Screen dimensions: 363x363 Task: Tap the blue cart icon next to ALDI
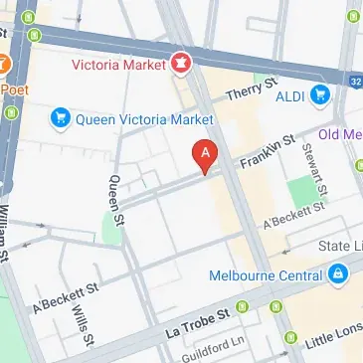tap(320, 94)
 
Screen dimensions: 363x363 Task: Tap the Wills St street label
tap(80, 320)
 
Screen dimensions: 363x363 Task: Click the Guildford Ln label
tap(212, 348)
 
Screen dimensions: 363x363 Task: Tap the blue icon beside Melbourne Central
tap(339, 271)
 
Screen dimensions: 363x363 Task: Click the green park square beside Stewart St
tap(301, 191)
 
